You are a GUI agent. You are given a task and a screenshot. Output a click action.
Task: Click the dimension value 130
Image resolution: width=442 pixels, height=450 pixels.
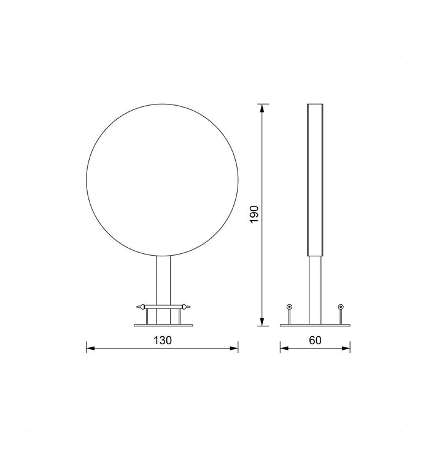pyautogui.click(x=163, y=341)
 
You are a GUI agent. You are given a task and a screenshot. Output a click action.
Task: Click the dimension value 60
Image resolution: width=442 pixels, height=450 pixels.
pyautogui.click(x=315, y=341)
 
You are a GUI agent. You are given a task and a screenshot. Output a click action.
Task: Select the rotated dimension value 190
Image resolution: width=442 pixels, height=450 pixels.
pyautogui.click(x=254, y=214)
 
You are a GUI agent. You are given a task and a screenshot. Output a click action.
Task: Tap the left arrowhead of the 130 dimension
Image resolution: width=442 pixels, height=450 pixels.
pyautogui.click(x=90, y=349)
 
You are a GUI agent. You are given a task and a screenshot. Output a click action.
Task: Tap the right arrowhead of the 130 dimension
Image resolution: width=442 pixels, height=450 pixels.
pyautogui.click(x=234, y=349)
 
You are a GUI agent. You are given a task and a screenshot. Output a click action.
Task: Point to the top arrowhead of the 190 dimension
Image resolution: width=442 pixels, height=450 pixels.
pyautogui.click(x=262, y=108)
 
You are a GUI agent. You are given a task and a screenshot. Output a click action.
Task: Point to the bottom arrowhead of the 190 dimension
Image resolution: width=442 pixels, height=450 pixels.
pyautogui.click(x=262, y=322)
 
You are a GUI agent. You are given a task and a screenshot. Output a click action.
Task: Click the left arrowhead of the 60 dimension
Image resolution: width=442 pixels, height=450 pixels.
pyautogui.click(x=284, y=349)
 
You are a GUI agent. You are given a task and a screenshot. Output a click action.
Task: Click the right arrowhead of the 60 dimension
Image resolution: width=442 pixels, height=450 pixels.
pyautogui.click(x=346, y=349)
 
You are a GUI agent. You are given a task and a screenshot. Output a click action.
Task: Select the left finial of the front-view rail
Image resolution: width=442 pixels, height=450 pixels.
pyautogui.click(x=141, y=307)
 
